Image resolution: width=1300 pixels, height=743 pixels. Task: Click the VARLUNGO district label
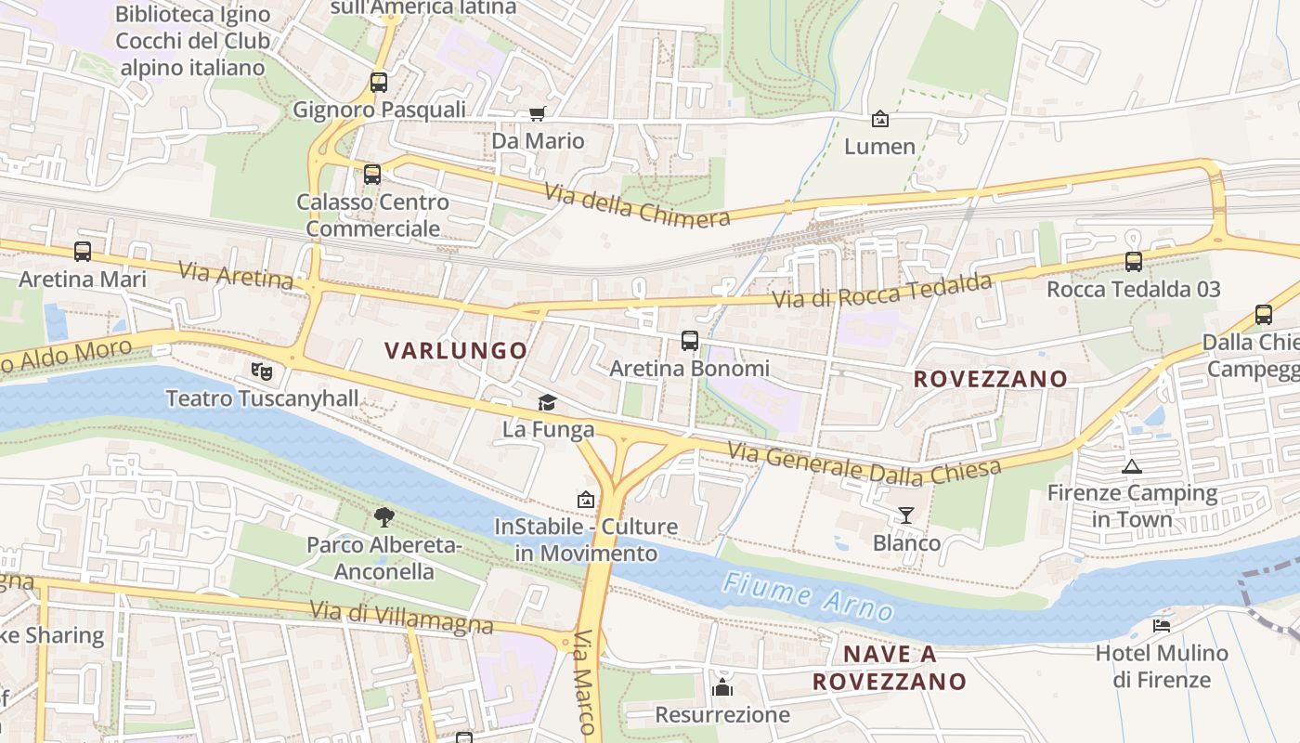[x=456, y=351]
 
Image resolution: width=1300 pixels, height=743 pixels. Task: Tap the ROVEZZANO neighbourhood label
[x=990, y=379]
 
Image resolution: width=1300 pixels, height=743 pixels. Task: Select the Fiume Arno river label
[x=808, y=596]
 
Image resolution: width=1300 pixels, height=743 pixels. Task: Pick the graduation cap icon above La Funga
[x=548, y=403]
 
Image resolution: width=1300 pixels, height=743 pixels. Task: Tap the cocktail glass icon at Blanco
[x=906, y=515]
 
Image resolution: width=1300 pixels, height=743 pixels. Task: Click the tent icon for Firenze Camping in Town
[x=1131, y=466]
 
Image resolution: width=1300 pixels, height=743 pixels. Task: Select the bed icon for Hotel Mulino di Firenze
[x=1161, y=626]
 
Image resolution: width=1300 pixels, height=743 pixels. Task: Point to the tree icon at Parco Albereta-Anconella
[x=383, y=517]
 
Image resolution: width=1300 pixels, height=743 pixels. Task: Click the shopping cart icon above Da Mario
[x=538, y=114]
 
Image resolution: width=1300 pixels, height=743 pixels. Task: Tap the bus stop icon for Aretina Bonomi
[x=689, y=341]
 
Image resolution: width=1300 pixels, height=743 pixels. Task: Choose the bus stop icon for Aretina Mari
[x=83, y=252]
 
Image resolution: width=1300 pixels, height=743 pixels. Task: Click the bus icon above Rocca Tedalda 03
[x=1133, y=262]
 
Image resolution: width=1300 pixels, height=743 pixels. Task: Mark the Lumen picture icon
[x=879, y=119]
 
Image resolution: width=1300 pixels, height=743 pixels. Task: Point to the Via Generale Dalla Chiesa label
[x=864, y=465]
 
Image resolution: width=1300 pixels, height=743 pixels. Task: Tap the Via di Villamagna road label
[x=401, y=618]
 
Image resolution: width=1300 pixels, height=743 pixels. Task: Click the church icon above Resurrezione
[x=722, y=688]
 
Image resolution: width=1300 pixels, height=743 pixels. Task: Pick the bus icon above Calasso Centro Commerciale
[x=372, y=174]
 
